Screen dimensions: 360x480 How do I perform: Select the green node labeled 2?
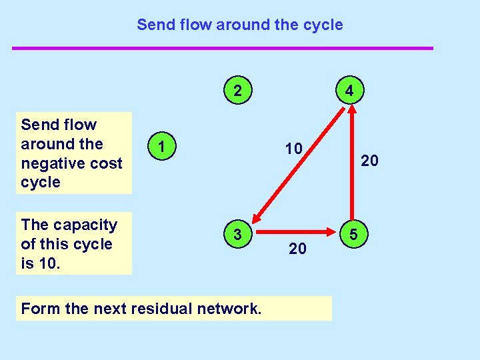click(x=237, y=90)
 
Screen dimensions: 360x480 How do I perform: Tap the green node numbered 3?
click(x=237, y=234)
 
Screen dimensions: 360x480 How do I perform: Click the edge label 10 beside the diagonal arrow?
click(x=293, y=148)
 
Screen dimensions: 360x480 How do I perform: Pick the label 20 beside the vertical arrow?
click(x=370, y=160)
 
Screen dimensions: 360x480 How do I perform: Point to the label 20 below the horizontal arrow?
click(x=297, y=249)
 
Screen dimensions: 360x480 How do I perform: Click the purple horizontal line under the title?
click(x=223, y=48)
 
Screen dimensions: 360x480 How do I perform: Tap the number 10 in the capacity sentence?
click(x=49, y=263)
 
